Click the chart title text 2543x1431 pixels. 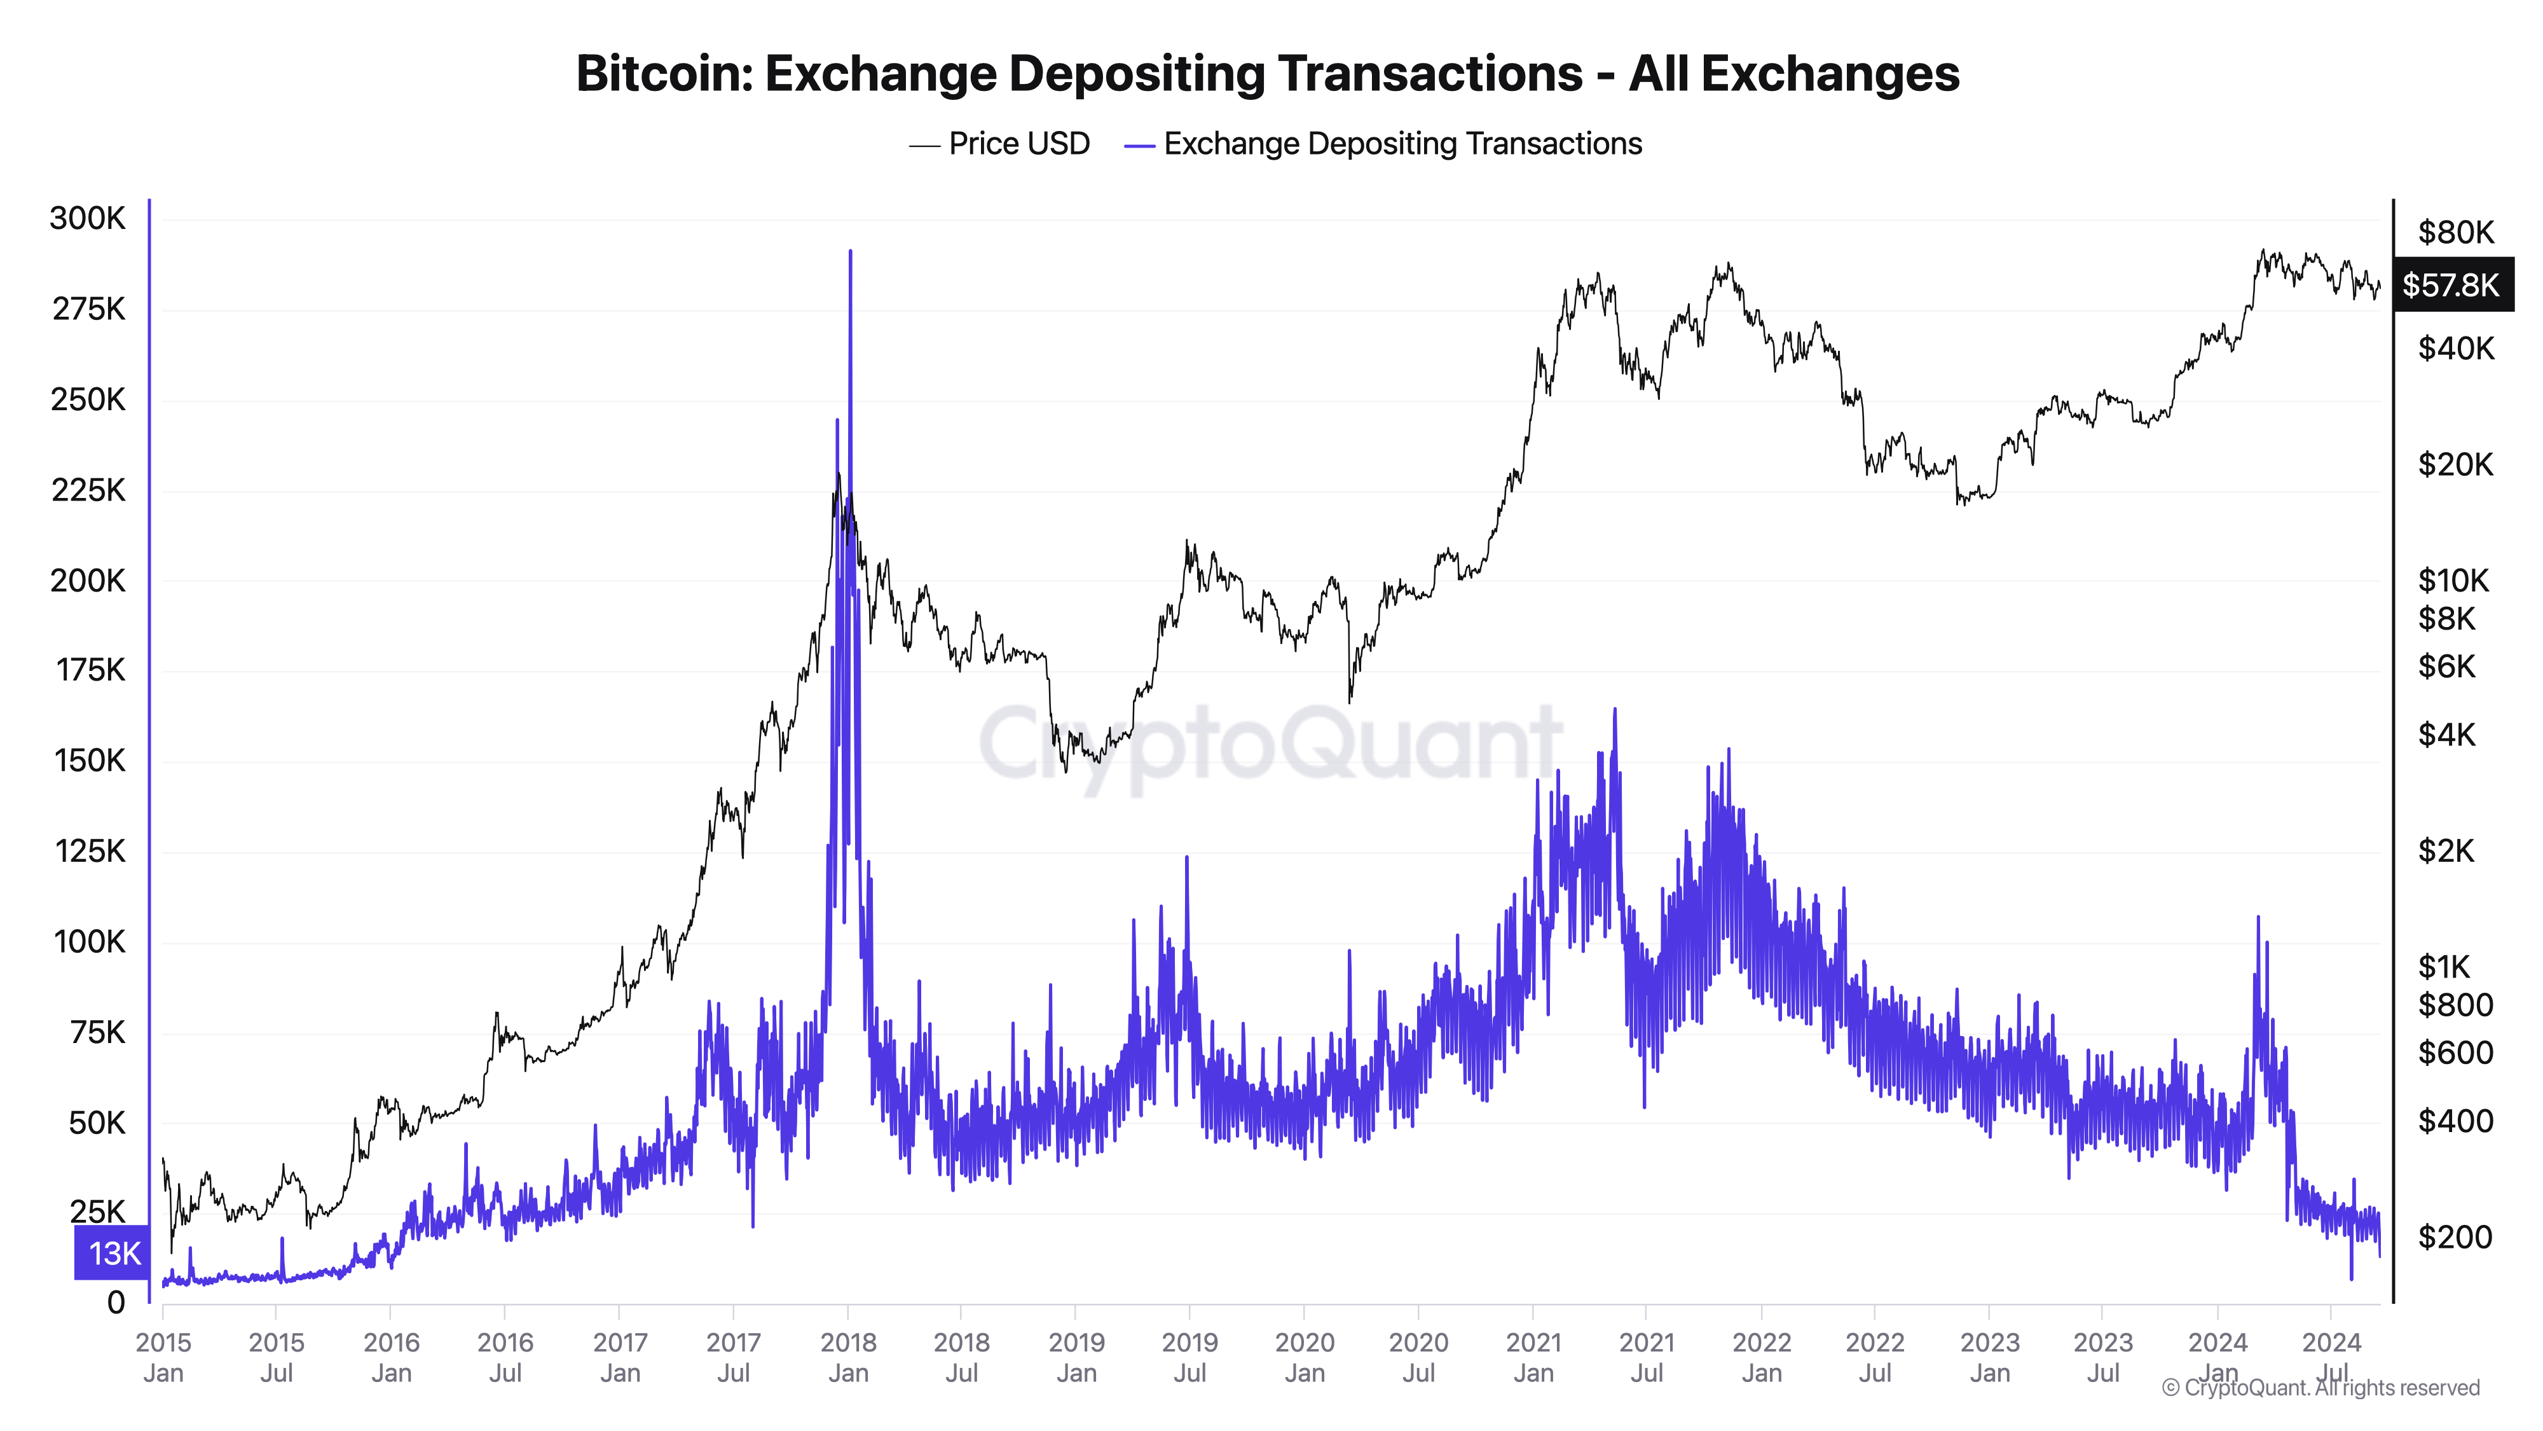(1268, 74)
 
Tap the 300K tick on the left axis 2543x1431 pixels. (88, 218)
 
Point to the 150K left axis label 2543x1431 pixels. (90, 761)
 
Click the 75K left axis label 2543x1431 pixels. (98, 1032)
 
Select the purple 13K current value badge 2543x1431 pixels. (113, 1252)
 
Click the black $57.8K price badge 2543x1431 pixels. (2451, 286)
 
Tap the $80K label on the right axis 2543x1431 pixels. (2455, 233)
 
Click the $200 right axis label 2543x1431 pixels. (2454, 1236)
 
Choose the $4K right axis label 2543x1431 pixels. (2446, 735)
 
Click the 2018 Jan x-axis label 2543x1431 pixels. (848, 1357)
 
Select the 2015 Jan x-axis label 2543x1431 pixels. (163, 1357)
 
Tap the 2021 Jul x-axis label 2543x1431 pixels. (1647, 1357)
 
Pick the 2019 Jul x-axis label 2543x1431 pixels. (1189, 1357)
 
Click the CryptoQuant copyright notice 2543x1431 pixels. (2320, 1388)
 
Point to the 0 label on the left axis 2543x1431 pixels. (116, 1303)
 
